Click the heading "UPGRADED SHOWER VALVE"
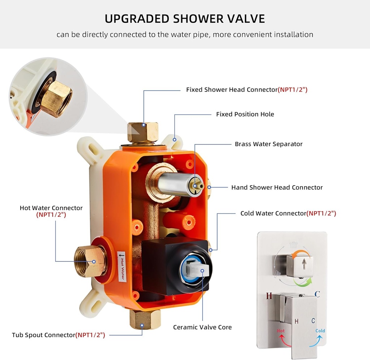click(x=185, y=18)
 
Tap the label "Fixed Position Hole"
click(x=245, y=114)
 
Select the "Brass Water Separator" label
click(x=268, y=144)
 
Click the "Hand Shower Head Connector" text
click(x=277, y=187)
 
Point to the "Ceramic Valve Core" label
click(x=202, y=327)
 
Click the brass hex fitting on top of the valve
click(x=143, y=132)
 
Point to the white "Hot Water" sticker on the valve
click(x=122, y=266)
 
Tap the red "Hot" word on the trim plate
click(x=281, y=331)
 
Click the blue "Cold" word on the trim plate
click(x=320, y=331)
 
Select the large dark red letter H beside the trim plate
click(x=268, y=296)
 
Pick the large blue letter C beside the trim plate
click(x=317, y=294)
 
